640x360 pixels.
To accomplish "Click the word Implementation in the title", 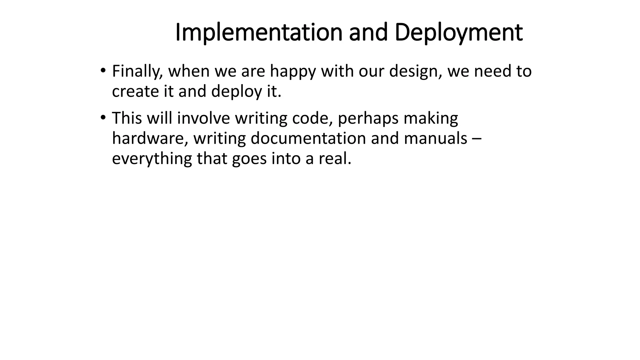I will click(259, 32).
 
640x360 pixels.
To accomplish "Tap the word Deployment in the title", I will click(458, 32).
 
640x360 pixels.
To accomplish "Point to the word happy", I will click(293, 71).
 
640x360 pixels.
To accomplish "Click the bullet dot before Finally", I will click(103, 70).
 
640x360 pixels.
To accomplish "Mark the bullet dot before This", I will click(103, 117).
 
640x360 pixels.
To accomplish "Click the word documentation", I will click(308, 138).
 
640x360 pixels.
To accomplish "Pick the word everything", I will click(152, 159).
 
